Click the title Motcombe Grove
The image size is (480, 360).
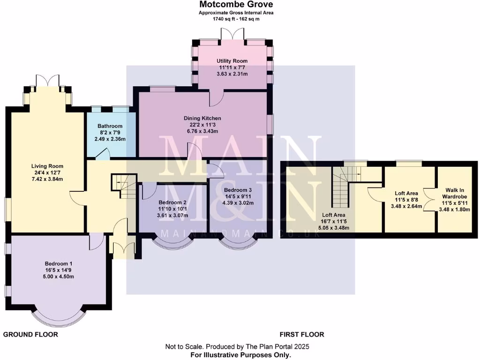(236, 5)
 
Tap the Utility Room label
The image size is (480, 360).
(232, 61)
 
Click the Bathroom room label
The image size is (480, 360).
(110, 126)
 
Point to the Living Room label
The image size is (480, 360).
(47, 166)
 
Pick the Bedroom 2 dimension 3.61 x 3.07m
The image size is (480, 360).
(173, 216)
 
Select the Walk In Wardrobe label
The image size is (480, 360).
(457, 193)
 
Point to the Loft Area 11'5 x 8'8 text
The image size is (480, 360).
(406, 193)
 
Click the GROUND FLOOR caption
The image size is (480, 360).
(31, 335)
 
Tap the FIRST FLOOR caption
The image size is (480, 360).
(302, 335)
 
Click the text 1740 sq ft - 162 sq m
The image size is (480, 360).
(236, 19)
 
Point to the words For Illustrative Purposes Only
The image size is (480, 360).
(240, 355)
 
